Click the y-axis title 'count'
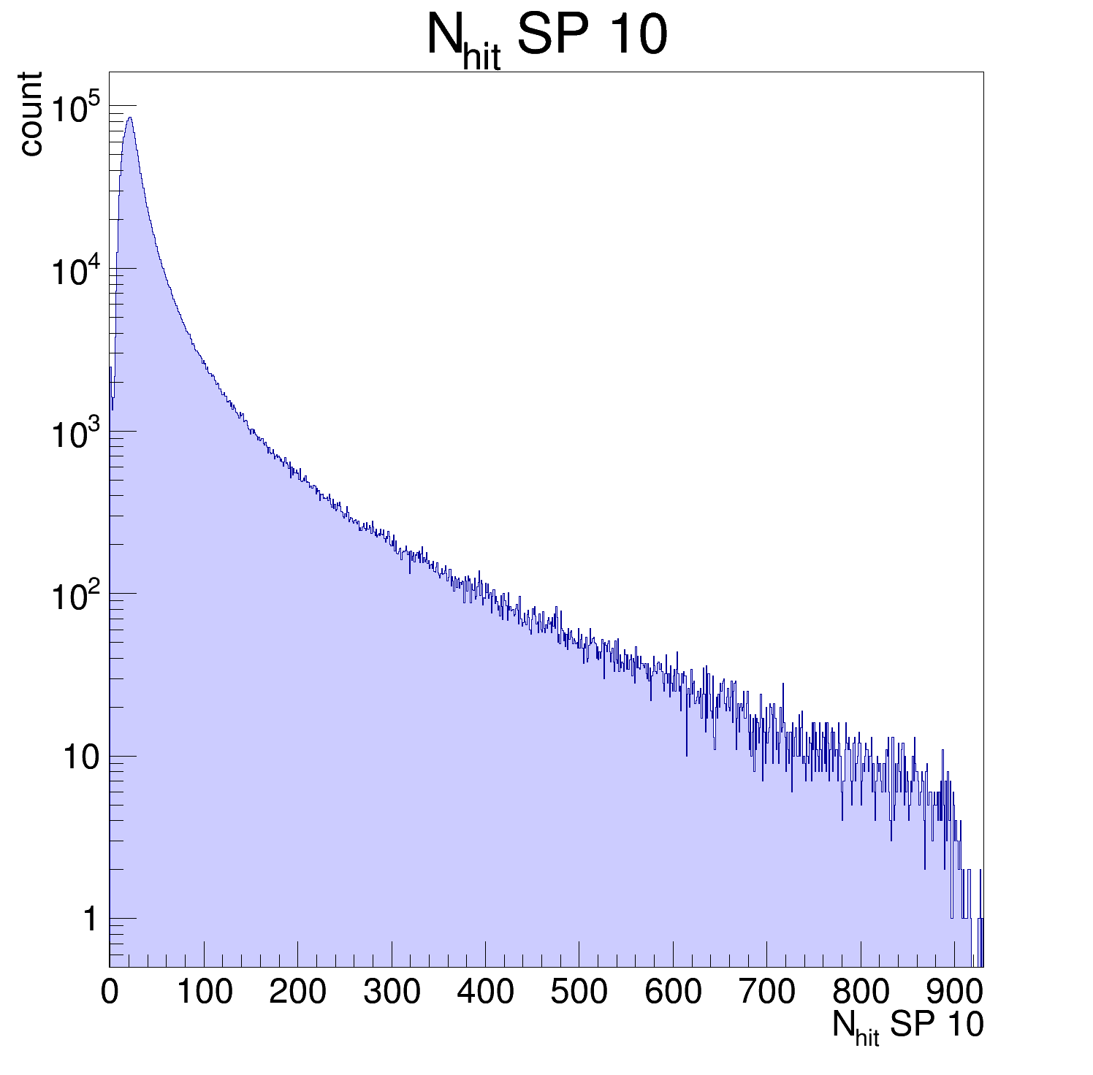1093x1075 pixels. (x=31, y=114)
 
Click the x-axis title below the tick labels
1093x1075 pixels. (x=907, y=1027)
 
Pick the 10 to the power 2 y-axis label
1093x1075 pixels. (x=75, y=597)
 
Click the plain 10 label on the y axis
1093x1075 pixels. (x=80, y=759)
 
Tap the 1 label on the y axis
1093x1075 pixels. (x=90, y=920)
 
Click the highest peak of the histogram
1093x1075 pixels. (x=129, y=118)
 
